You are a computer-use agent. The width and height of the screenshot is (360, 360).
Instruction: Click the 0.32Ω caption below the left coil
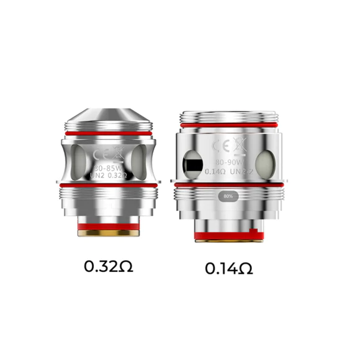coord(109,267)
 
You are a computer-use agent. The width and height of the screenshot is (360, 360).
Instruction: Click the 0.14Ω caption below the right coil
coord(229,269)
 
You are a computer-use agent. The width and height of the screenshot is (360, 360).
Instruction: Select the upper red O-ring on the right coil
coord(228,128)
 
